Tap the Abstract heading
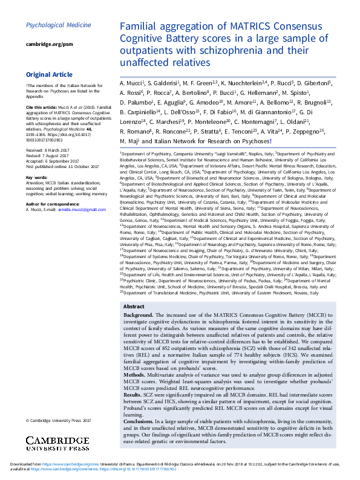click(134, 306)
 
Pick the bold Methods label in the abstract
click(136, 374)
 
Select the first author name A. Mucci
click(131, 82)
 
